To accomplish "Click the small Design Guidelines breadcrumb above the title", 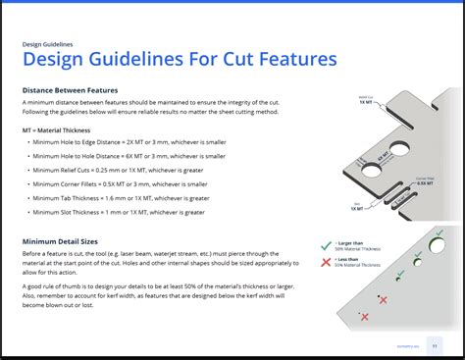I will point(47,43).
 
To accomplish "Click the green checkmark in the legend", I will point(326,247).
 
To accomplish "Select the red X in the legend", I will point(326,263).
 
